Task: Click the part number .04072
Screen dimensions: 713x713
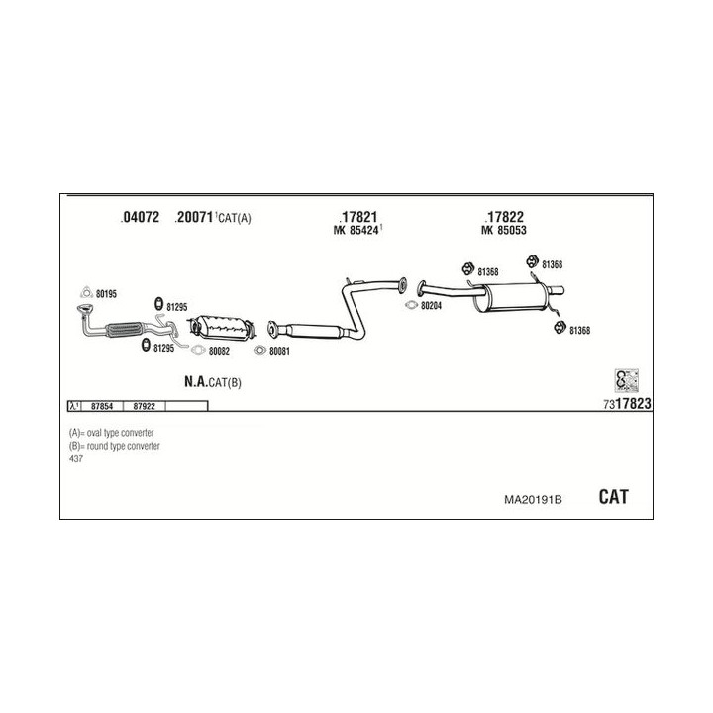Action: (x=139, y=218)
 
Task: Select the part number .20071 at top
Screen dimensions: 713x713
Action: (x=194, y=218)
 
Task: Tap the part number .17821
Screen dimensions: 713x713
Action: (x=357, y=217)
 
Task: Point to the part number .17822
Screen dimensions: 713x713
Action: (x=504, y=217)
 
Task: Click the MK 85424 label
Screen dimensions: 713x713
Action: (x=357, y=232)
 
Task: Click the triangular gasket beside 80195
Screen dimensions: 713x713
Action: (x=86, y=292)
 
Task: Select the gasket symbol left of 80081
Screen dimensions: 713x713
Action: (x=260, y=350)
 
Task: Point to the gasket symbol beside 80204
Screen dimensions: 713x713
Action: (x=411, y=305)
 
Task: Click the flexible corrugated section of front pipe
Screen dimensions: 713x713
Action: (x=120, y=329)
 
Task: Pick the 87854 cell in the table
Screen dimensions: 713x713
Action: (x=101, y=406)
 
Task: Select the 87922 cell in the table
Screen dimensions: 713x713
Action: (x=144, y=406)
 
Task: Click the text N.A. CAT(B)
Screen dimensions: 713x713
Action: (x=212, y=381)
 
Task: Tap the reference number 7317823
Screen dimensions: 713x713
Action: (x=626, y=404)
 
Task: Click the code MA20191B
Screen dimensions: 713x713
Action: (x=533, y=499)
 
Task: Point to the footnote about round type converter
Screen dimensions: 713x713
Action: (x=114, y=446)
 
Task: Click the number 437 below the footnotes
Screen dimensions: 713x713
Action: (x=76, y=458)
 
